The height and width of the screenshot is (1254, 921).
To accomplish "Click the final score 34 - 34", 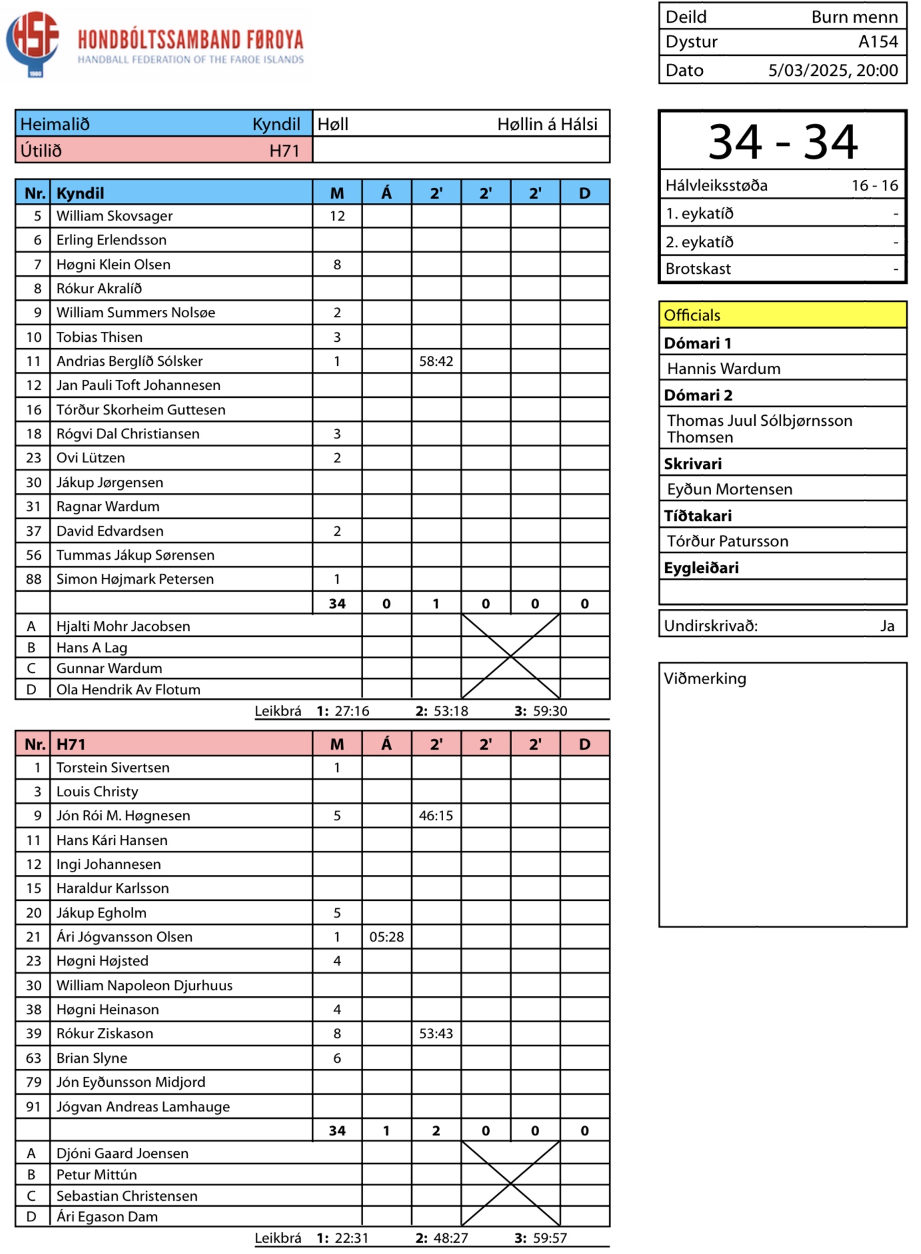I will pos(782,141).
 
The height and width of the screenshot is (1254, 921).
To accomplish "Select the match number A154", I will pos(878,42).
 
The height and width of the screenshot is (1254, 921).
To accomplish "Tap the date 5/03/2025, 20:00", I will pos(832,70).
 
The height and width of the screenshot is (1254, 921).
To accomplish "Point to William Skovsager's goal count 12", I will pos(337,216).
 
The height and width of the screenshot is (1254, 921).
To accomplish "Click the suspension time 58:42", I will pos(436,361).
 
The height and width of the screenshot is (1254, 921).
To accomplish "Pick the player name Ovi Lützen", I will pos(91,458).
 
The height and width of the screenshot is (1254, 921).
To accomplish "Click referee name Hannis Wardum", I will pos(724,368).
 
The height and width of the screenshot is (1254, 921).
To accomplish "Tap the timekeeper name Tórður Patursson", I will pos(728,541).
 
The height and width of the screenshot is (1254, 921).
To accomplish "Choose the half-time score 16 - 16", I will pos(874,185).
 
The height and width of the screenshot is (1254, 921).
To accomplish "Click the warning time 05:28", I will pos(387,937).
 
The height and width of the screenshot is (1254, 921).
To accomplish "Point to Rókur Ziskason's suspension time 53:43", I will pos(436,1033).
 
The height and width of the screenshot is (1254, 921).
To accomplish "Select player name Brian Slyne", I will pos(92,1058).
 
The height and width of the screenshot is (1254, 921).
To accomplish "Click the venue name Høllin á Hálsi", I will pos(547,124).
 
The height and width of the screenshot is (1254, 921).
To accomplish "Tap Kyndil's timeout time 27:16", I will pos(352,711).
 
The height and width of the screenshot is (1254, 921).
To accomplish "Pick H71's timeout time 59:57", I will pos(550,1238).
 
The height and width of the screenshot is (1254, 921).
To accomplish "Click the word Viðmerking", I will pos(705,678).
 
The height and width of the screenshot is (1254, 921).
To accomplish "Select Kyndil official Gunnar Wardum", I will pos(109,668).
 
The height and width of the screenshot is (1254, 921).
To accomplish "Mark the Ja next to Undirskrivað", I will pos(887,626).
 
